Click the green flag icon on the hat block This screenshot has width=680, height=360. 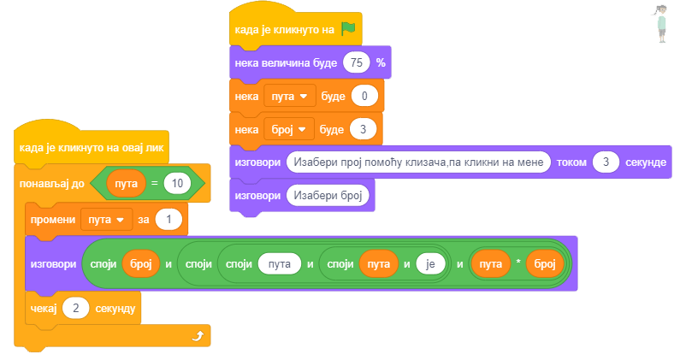click(x=347, y=29)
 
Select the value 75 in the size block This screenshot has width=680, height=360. click(x=358, y=62)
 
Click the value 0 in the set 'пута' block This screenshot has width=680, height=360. click(x=364, y=96)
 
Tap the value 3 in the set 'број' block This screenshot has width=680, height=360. click(x=364, y=129)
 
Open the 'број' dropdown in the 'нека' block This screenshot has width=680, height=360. click(x=289, y=129)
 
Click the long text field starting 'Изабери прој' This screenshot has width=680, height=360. click(x=418, y=162)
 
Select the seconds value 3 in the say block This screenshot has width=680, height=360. click(x=606, y=162)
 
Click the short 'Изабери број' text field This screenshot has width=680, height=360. click(x=326, y=196)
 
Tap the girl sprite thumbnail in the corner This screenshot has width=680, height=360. click(x=661, y=23)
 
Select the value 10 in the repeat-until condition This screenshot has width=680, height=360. click(x=177, y=184)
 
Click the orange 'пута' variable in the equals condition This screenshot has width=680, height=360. click(x=126, y=184)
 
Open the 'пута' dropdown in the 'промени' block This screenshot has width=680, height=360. click(x=107, y=220)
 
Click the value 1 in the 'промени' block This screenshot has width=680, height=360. click(x=169, y=220)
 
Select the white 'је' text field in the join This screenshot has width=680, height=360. click(x=430, y=264)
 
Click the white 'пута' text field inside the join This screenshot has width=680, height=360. click(x=280, y=264)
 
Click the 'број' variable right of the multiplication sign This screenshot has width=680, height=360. click(x=544, y=264)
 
